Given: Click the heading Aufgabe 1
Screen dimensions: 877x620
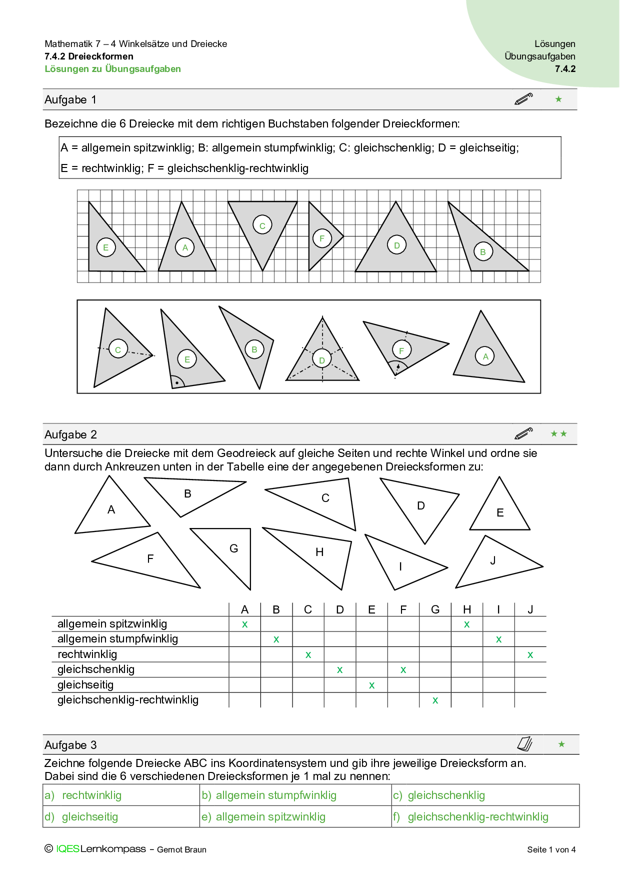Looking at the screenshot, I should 70,99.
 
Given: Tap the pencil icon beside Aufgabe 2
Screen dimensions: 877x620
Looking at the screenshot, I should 523,433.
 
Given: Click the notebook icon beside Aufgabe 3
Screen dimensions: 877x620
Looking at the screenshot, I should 524,744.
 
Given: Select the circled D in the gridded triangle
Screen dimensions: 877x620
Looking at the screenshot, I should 396,245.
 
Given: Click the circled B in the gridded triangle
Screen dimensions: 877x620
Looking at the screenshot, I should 483,252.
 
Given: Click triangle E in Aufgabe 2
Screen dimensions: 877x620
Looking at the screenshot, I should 499,512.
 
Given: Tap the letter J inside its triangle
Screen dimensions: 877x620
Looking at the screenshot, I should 493,560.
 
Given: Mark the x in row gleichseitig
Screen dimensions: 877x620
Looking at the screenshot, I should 371,685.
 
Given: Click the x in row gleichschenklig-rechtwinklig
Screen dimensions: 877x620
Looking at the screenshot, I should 435,700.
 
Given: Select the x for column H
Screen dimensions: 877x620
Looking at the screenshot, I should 466,624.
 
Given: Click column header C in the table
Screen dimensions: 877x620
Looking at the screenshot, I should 308,609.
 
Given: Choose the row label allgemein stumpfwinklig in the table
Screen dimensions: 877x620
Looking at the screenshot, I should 117,639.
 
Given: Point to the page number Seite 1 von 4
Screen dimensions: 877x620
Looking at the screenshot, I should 551,849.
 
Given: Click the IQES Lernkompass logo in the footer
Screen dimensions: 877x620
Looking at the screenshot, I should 100,849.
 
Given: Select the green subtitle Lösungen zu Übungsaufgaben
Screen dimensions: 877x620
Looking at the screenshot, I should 112,69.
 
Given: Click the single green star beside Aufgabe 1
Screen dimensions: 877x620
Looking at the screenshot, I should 558,99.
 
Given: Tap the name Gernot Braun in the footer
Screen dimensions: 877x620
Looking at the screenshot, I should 181,849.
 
